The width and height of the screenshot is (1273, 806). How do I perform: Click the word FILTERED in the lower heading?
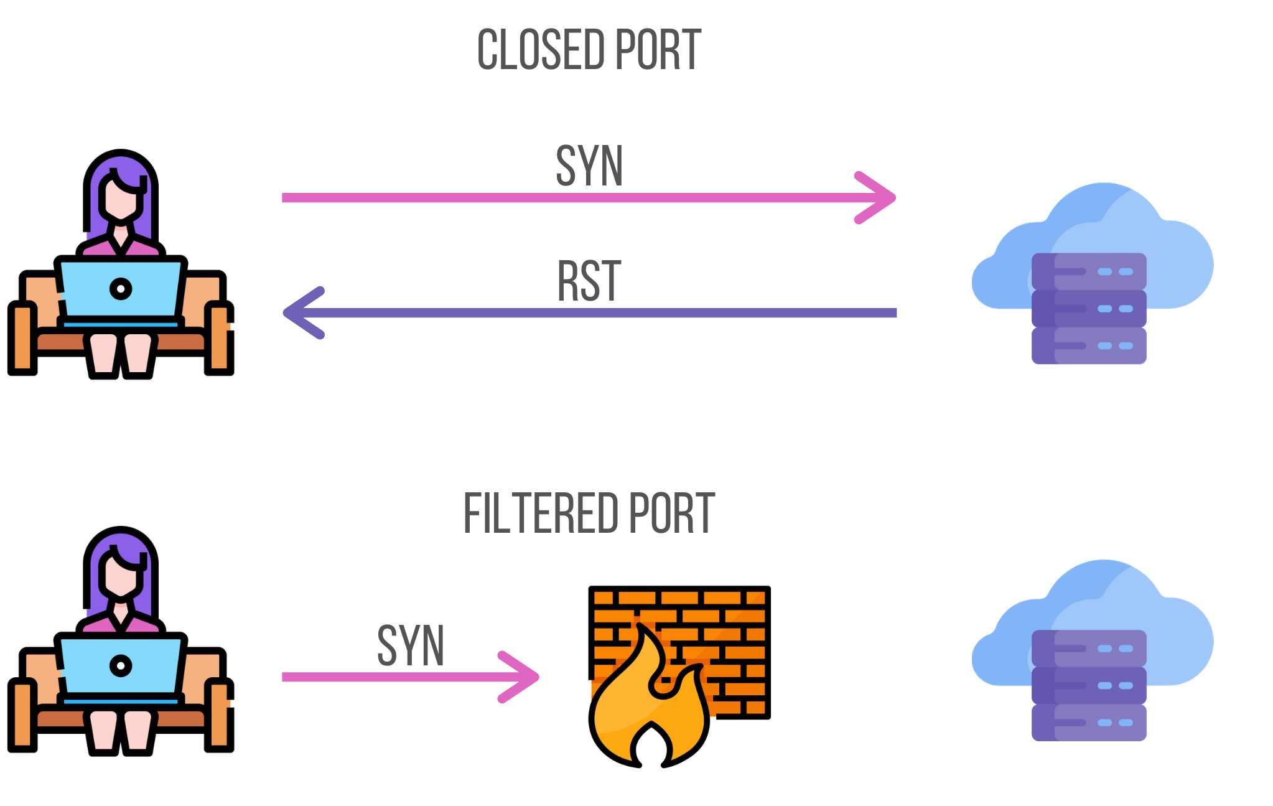[541, 513]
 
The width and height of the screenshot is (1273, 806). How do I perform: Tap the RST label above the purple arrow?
[589, 281]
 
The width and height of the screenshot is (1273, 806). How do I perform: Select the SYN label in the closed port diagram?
[589, 166]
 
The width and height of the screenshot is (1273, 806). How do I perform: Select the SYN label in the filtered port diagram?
[411, 646]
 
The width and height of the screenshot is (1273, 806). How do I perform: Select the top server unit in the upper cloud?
[1089, 271]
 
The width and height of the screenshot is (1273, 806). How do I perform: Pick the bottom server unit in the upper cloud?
[1089, 345]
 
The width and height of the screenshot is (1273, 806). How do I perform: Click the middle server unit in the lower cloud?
[1089, 685]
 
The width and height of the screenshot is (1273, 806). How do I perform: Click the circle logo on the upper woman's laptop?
[121, 289]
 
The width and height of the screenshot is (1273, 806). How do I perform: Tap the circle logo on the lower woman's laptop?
[121, 666]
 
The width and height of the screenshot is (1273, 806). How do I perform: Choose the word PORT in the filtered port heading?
[672, 513]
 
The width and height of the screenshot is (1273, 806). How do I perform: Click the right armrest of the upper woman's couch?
[219, 339]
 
